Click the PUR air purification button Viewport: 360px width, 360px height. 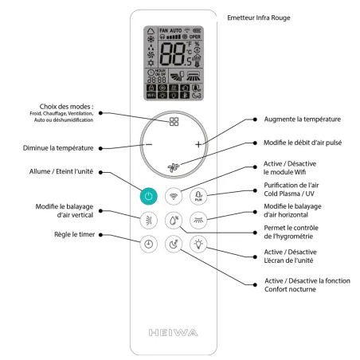pyautogui.click(x=199, y=196)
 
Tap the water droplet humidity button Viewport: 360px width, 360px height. pyautogui.click(x=173, y=221)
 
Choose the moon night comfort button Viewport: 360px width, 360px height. pyautogui.click(x=173, y=245)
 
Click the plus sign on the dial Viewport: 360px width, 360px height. pyautogui.click(x=198, y=145)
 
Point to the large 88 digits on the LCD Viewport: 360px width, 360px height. pyautogui.click(x=175, y=56)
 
